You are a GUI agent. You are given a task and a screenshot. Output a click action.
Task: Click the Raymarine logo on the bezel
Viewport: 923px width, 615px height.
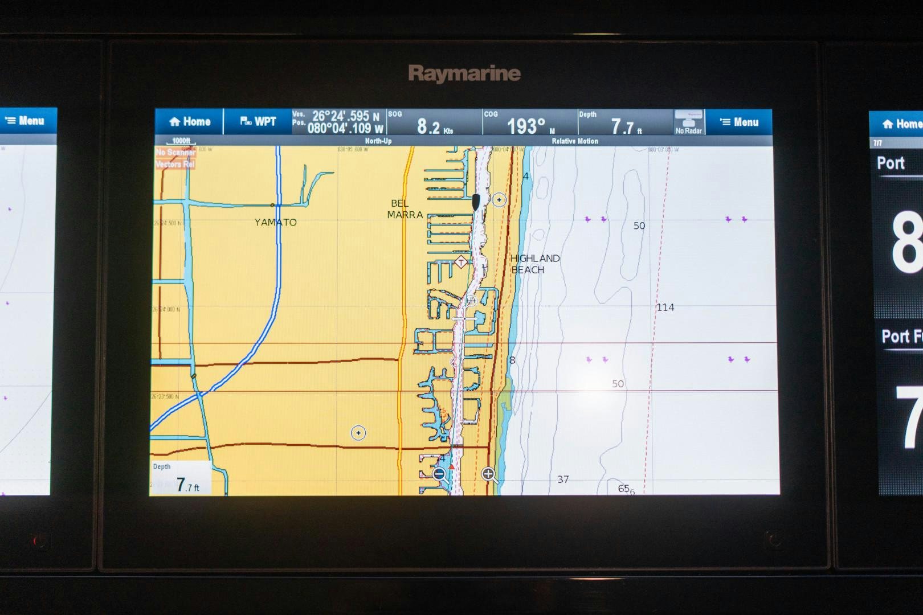[x=464, y=74]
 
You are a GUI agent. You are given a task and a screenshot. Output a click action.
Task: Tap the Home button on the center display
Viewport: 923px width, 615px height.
[x=190, y=122]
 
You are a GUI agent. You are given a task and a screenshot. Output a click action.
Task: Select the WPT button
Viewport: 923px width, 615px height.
[x=258, y=122]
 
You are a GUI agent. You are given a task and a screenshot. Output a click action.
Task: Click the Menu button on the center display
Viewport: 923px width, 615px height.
[x=739, y=122]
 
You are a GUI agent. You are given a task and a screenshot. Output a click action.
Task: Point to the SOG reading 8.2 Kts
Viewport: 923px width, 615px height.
[x=434, y=125]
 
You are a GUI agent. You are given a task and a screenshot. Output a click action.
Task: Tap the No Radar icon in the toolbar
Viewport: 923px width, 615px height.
[x=689, y=122]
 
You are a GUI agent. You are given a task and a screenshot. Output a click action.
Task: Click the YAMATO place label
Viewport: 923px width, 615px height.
[x=275, y=223]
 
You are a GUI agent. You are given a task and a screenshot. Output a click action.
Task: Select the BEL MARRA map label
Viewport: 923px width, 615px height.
[x=405, y=209]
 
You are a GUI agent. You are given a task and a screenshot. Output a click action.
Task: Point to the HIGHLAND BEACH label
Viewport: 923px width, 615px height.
[x=534, y=264]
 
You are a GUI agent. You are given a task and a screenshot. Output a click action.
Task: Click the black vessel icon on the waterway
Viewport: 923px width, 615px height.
[x=476, y=201]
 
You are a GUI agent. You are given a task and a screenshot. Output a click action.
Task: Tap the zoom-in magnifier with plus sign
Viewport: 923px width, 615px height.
[x=489, y=474]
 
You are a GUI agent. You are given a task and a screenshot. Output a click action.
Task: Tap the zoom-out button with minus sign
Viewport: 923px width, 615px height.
[x=439, y=474]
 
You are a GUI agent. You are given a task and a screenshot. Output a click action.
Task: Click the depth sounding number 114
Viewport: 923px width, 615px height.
[x=665, y=307]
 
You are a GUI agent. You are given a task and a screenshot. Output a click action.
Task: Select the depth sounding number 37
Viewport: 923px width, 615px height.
[x=563, y=479]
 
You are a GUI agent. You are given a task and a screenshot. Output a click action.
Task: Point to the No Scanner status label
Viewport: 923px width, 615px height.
[x=175, y=153]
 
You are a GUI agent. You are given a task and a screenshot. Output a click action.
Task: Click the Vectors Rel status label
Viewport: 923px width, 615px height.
[x=175, y=164]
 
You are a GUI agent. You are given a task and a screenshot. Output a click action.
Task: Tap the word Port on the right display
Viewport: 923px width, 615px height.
[x=891, y=163]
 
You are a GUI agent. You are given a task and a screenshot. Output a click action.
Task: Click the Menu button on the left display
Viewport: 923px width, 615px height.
[x=26, y=121]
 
